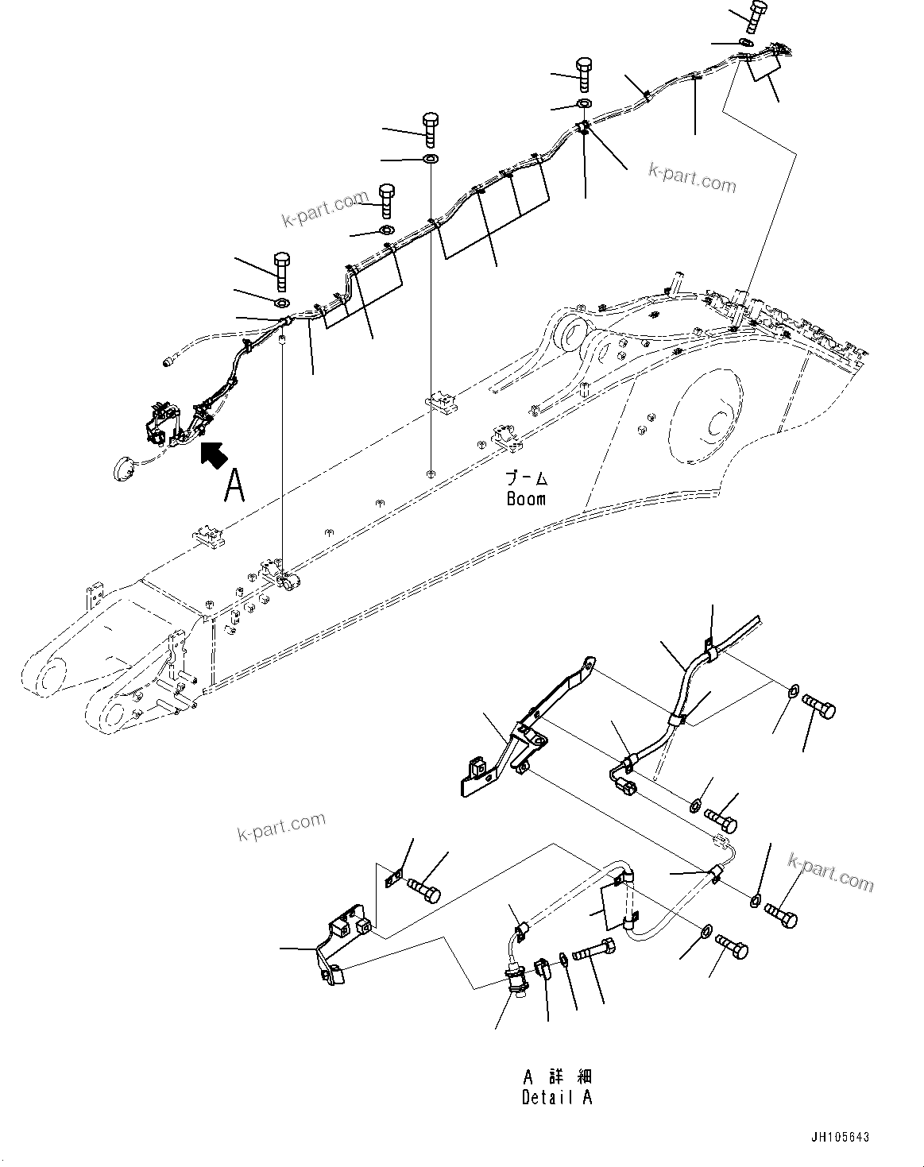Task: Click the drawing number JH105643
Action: (x=841, y=1138)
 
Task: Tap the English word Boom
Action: (x=527, y=499)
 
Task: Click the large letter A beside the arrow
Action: (x=233, y=485)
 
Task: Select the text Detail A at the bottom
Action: (x=557, y=1098)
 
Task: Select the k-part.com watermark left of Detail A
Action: (x=281, y=826)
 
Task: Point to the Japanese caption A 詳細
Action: (x=557, y=1077)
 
